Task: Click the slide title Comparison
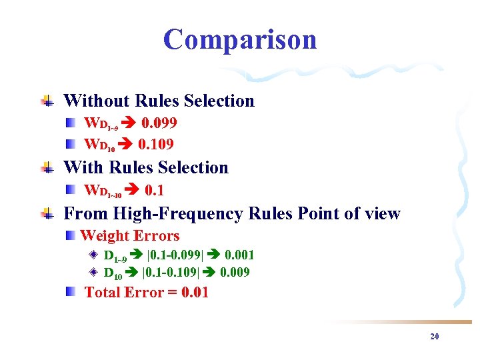(x=240, y=40)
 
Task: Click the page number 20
(x=435, y=337)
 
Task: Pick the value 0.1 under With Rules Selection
(x=154, y=190)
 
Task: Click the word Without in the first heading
(x=97, y=101)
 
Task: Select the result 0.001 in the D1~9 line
(x=239, y=255)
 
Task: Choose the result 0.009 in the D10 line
(x=235, y=272)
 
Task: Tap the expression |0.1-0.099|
(x=173, y=255)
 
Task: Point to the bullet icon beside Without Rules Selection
(x=47, y=101)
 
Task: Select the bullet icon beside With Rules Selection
(x=47, y=168)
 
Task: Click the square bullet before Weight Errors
(x=71, y=236)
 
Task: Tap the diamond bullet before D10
(x=94, y=272)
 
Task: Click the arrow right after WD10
(x=127, y=143)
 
